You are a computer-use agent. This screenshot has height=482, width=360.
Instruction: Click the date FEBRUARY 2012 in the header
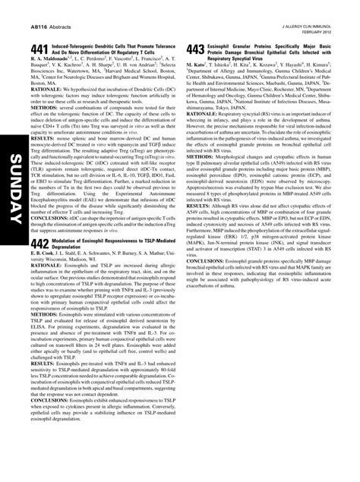[319, 32]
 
